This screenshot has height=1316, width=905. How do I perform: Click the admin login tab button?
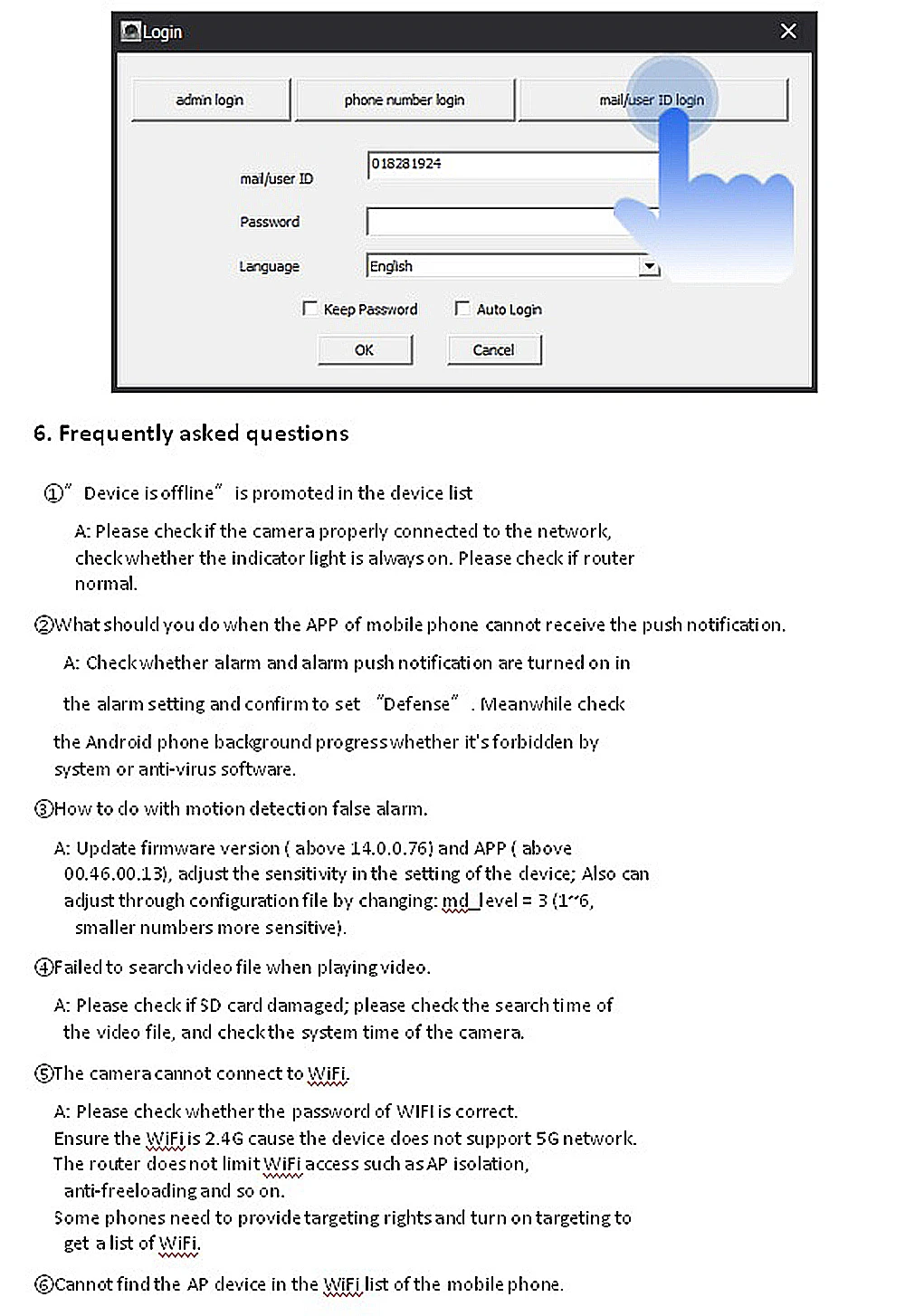(210, 100)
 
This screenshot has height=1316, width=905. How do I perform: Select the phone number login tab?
(405, 100)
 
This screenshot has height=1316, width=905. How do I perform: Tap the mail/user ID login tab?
(651, 100)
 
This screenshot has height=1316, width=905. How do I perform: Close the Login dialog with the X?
(788, 32)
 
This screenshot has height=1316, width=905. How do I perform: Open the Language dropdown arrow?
(648, 266)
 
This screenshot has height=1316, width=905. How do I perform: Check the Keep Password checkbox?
(310, 309)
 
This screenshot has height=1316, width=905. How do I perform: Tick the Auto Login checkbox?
(462, 309)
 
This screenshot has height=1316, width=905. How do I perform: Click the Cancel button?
(493, 350)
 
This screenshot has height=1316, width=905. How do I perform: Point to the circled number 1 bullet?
(53, 493)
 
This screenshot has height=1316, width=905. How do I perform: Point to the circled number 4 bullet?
(43, 968)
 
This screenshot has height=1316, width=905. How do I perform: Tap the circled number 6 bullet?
(43, 1284)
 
